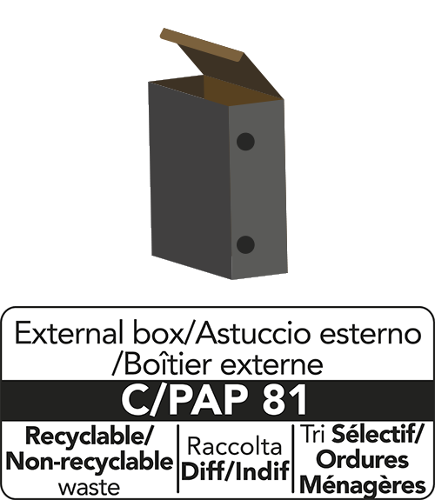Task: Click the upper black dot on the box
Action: pyautogui.click(x=245, y=142)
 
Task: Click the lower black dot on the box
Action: pyautogui.click(x=245, y=245)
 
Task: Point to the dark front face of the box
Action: pyautogui.click(x=190, y=178)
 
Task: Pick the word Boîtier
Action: pyautogui.click(x=168, y=363)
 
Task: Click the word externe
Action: pyautogui.click(x=271, y=365)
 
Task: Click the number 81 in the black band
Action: pyautogui.click(x=284, y=400)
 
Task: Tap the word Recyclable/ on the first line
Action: pyautogui.click(x=89, y=437)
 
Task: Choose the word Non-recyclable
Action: pyautogui.click(x=90, y=461)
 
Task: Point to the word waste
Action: pyautogui.click(x=89, y=488)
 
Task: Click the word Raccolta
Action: pyautogui.click(x=235, y=446)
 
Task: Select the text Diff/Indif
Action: pyautogui.click(x=235, y=470)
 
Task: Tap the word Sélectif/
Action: pyautogui.click(x=378, y=434)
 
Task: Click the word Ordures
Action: pyautogui.click(x=364, y=459)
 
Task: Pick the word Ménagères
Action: pyautogui.click(x=363, y=485)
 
